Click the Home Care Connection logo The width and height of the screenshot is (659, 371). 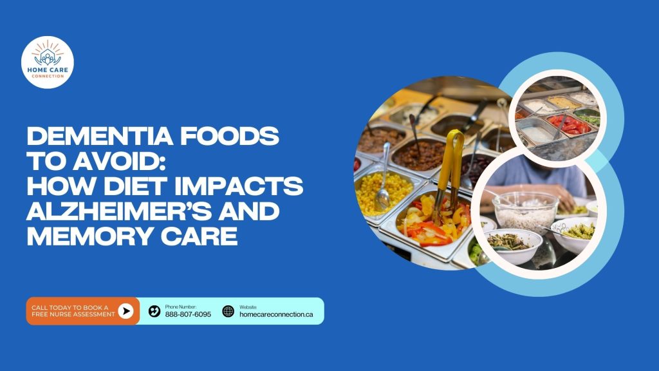click(x=48, y=62)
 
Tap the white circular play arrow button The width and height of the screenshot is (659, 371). click(x=125, y=311)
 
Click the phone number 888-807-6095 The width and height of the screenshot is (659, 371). click(x=188, y=314)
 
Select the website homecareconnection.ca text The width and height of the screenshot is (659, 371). click(x=276, y=314)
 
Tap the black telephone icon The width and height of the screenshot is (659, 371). click(x=154, y=311)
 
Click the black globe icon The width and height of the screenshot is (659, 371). click(x=228, y=311)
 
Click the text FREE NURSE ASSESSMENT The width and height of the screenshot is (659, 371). click(x=73, y=314)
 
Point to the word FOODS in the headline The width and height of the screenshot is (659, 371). click(x=230, y=136)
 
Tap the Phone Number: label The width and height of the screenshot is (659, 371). click(x=181, y=307)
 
